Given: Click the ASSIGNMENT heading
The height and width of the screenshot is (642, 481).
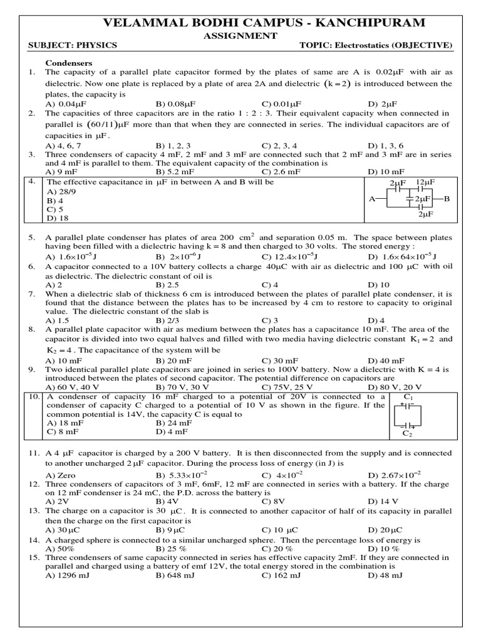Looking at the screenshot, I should coord(240,36).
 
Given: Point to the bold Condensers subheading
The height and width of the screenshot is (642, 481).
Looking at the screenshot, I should coord(70,63).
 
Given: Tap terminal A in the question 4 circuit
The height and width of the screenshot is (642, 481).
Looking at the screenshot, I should coord(372,198).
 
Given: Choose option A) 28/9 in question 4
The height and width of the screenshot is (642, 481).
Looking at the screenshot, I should coord(61,191).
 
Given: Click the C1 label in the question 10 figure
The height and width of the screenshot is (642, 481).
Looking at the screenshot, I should coord(409,397).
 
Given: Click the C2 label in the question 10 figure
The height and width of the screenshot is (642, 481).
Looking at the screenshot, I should coord(408,433).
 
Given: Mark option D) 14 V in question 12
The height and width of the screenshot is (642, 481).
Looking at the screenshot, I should coord(385,502).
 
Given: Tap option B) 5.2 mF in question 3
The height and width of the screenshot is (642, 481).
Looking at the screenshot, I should coord(175,171).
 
